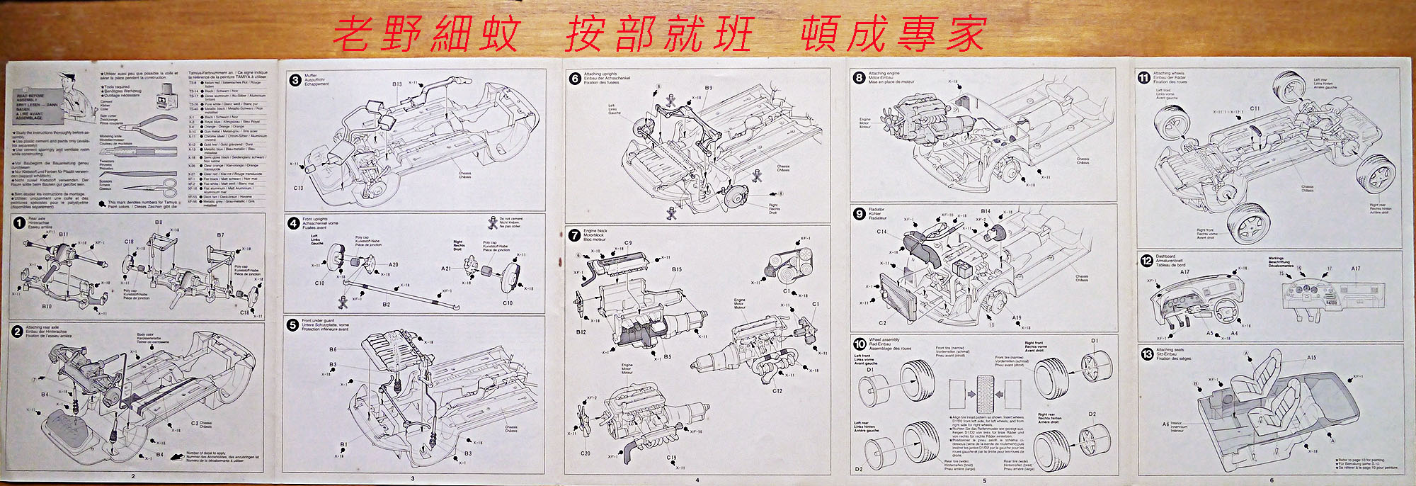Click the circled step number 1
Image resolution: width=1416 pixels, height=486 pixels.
point(18,223)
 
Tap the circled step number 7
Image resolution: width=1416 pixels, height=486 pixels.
point(575,235)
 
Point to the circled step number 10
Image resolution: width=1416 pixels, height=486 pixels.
point(860,344)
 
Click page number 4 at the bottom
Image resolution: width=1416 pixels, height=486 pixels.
point(697,480)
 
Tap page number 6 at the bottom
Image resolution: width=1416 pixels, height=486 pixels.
point(1271,480)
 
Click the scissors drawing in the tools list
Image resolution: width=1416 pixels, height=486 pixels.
point(160,187)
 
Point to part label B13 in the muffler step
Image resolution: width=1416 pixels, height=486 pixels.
point(397,84)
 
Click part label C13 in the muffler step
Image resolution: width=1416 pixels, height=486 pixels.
point(298,188)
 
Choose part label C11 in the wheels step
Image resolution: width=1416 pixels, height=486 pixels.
point(1255,108)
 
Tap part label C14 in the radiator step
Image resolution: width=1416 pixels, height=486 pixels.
point(881,232)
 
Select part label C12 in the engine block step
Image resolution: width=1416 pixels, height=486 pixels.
point(777,390)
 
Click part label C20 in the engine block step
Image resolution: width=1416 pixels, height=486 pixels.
point(586,453)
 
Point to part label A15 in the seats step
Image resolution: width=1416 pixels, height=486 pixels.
point(1311,358)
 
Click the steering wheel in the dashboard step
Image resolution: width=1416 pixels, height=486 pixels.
point(1224,310)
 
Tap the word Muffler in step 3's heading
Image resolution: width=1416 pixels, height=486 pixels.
point(311,75)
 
